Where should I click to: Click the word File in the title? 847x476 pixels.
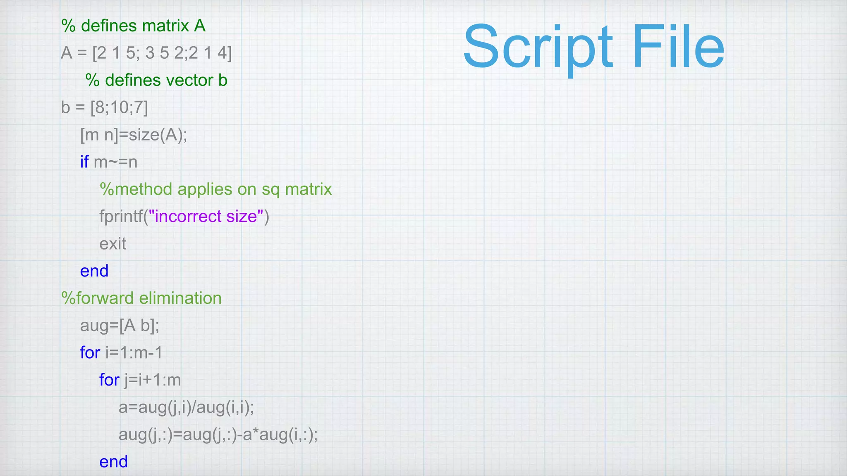tap(678, 48)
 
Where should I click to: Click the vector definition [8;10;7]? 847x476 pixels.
tap(119, 108)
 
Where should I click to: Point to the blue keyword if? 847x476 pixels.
tap(84, 162)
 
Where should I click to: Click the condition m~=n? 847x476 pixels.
tap(116, 162)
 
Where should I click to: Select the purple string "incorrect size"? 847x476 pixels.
tap(206, 217)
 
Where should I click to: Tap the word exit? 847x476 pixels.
tap(112, 244)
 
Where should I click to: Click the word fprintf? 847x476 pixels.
tap(121, 217)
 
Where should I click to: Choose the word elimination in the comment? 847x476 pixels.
tap(180, 298)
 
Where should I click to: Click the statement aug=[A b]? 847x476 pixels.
tap(120, 326)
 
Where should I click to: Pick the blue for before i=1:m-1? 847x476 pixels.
tap(90, 353)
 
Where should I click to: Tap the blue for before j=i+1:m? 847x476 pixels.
tap(109, 380)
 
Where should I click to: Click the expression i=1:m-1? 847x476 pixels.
tap(134, 353)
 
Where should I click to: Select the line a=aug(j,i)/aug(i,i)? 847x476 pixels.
tap(186, 407)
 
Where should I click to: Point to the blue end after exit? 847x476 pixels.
tap(94, 271)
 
